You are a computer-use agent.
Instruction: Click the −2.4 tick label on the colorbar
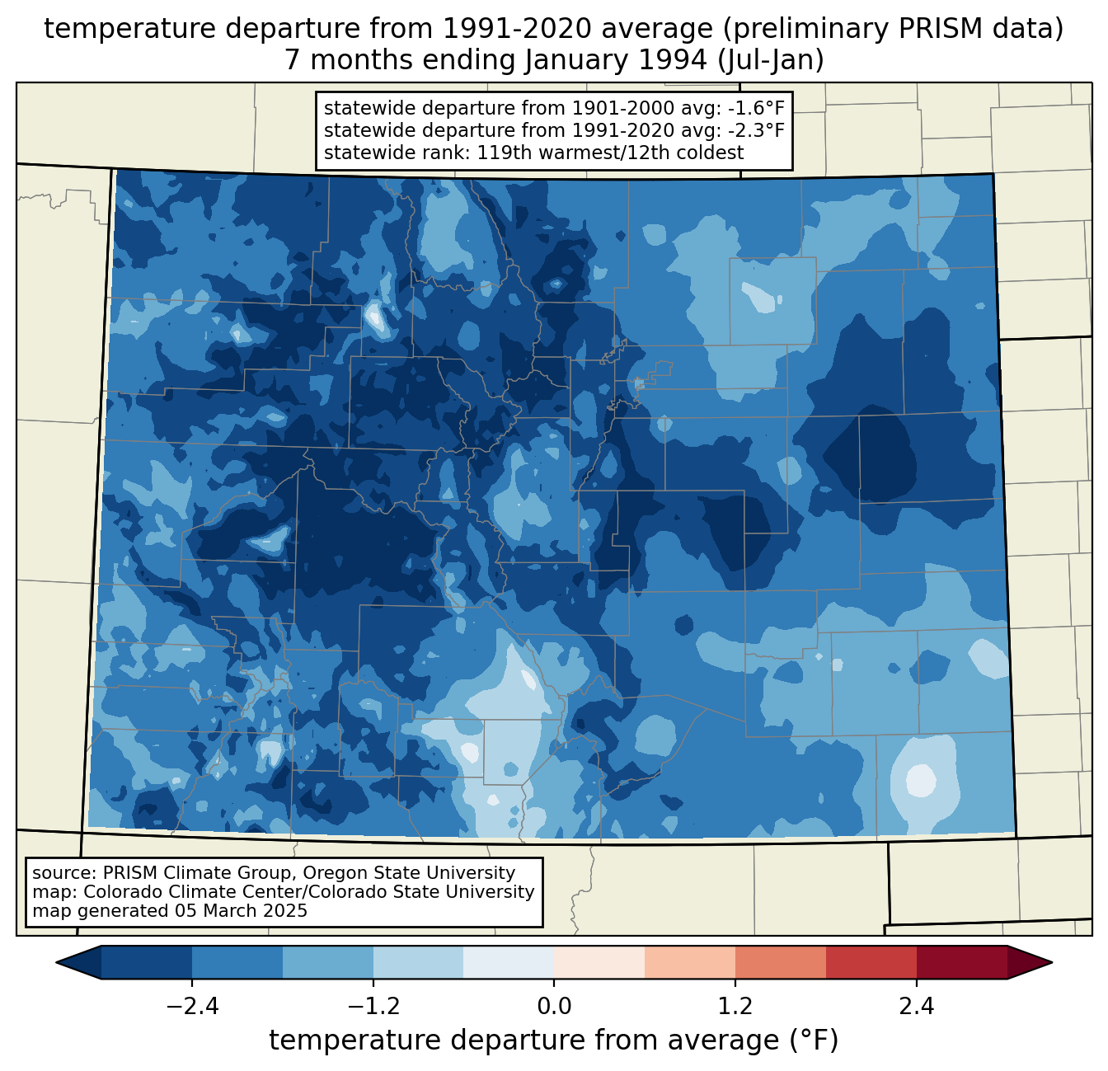coord(192,1007)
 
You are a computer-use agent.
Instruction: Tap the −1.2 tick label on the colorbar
coord(373,1007)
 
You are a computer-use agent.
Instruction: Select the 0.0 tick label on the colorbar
coord(554,1007)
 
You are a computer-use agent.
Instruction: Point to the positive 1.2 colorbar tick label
coord(735,1007)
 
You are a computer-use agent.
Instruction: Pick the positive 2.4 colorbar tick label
coord(916,1007)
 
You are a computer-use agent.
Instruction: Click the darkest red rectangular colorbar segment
coord(961,962)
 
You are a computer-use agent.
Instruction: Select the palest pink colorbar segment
coord(599,962)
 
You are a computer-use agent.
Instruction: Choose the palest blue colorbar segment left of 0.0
coord(509,962)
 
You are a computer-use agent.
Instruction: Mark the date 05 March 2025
coord(241,911)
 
